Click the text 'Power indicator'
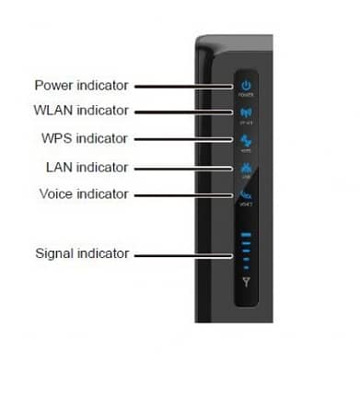click(x=81, y=86)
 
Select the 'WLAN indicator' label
click(x=81, y=112)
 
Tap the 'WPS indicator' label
click(x=83, y=139)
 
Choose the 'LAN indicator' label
click(x=85, y=168)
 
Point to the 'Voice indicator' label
click(x=84, y=194)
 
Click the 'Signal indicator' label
click(x=82, y=252)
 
